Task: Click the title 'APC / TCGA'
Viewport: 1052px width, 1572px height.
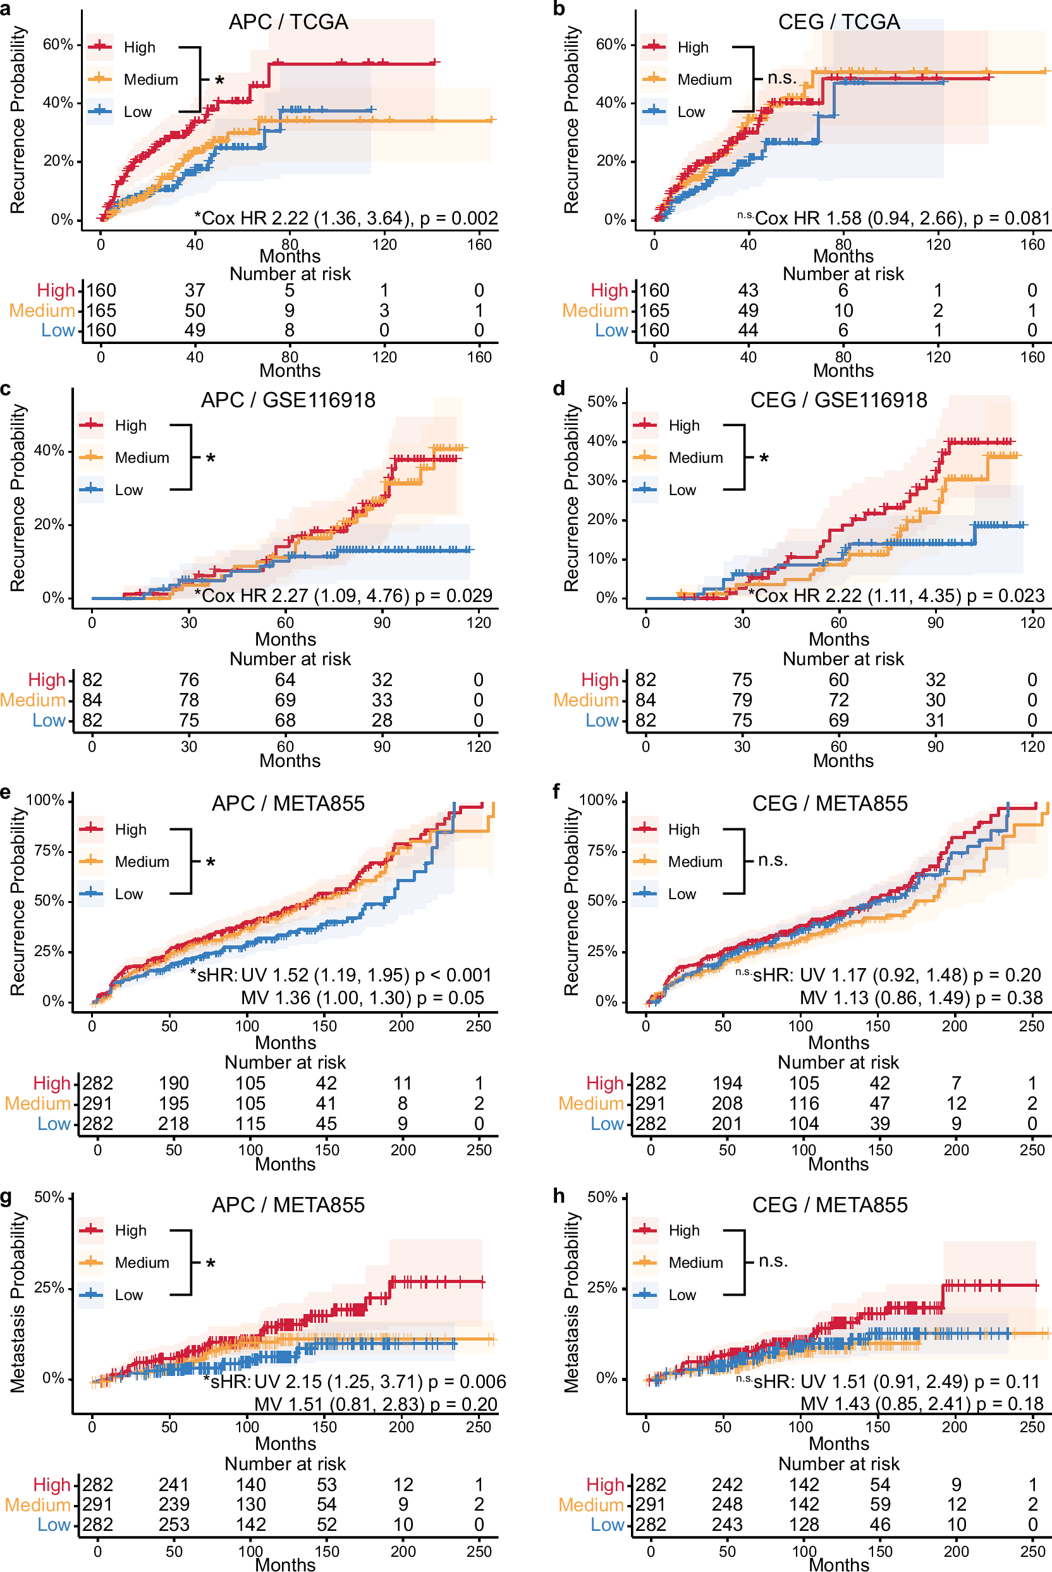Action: click(x=288, y=22)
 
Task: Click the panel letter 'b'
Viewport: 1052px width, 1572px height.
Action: click(x=558, y=9)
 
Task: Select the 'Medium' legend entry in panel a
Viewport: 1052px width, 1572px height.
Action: click(x=150, y=80)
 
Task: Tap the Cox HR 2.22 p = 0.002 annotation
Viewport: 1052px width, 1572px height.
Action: click(x=346, y=218)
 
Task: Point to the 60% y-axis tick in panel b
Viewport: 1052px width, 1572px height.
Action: click(x=610, y=44)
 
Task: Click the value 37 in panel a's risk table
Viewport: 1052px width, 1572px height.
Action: click(x=195, y=290)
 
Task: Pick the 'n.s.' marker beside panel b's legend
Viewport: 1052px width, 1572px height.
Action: click(x=781, y=78)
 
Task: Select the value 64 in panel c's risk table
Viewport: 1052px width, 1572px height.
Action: click(x=285, y=680)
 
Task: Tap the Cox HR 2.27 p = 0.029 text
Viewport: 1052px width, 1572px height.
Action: click(x=343, y=596)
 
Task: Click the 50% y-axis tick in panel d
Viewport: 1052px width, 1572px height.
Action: click(x=602, y=402)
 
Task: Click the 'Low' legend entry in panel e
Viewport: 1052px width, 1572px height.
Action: click(x=128, y=894)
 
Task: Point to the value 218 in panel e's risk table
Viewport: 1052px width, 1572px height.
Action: click(x=173, y=1124)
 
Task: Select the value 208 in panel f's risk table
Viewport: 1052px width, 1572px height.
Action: click(x=726, y=1103)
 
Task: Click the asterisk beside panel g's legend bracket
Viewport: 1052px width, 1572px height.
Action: click(x=211, y=1264)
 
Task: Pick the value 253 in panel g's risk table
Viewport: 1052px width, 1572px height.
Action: click(x=173, y=1525)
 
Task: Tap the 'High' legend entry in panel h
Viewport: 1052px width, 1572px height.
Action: click(x=683, y=1231)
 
